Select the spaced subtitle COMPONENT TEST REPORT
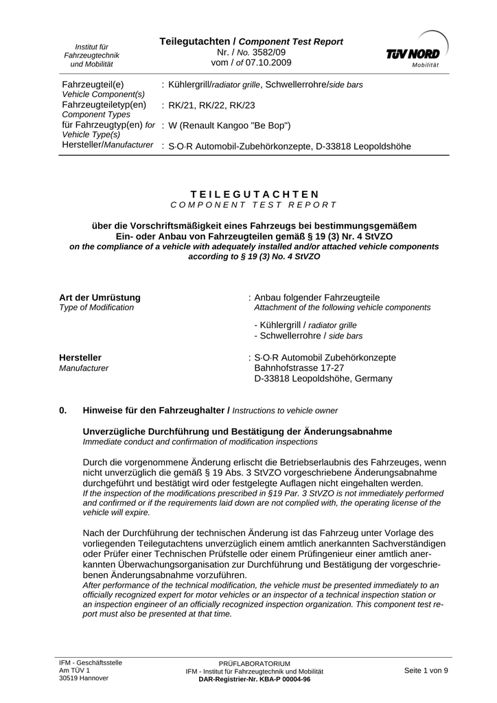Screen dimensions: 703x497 (x=254, y=205)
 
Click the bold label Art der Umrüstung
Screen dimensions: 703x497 (x=100, y=297)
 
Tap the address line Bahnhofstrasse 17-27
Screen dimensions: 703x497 (x=301, y=368)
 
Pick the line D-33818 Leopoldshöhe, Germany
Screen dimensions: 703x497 (x=323, y=378)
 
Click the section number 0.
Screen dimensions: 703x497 (x=63, y=411)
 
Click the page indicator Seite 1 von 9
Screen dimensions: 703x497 (x=426, y=670)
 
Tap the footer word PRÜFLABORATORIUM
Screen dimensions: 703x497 (x=254, y=664)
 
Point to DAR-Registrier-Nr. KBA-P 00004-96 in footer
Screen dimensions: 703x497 (x=254, y=679)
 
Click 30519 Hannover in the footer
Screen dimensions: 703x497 (x=84, y=678)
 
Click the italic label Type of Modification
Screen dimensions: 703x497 (x=97, y=308)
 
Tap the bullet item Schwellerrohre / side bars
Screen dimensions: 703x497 (x=308, y=336)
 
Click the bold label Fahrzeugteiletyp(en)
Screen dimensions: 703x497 (x=104, y=104)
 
